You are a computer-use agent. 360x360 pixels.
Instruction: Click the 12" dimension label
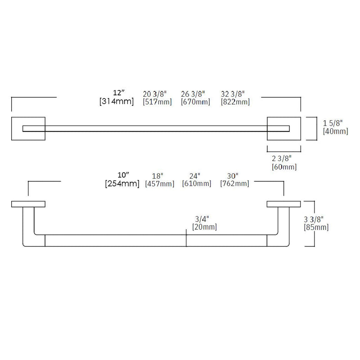click(118, 93)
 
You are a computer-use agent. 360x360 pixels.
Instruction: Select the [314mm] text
click(117, 102)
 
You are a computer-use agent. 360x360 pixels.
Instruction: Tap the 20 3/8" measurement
click(154, 94)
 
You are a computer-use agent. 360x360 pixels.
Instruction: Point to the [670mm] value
click(195, 102)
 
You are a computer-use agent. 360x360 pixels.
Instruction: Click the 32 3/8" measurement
click(233, 94)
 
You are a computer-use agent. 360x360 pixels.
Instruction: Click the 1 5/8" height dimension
click(333, 122)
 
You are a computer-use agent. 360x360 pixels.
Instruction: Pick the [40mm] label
click(336, 131)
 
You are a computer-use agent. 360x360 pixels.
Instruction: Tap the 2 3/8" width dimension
click(282, 158)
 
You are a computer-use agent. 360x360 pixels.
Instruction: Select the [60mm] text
click(284, 167)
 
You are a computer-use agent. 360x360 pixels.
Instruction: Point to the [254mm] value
click(122, 184)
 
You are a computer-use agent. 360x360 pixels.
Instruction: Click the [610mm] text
click(197, 184)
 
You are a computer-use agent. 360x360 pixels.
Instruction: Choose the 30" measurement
click(234, 175)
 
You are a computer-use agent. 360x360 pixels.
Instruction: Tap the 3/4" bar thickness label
click(201, 219)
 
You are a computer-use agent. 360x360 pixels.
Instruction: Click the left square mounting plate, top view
click(28, 129)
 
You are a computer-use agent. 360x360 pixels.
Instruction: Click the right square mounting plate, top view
click(284, 129)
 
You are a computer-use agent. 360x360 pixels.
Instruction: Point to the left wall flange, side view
click(28, 204)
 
